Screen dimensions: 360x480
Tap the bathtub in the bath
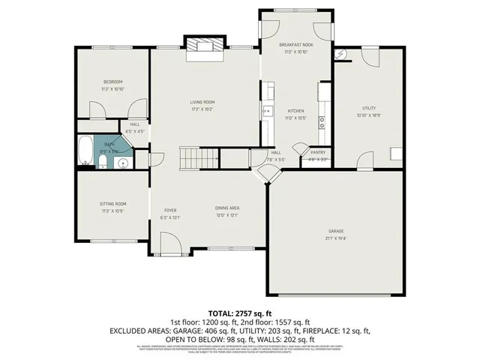pyautogui.click(x=85, y=150)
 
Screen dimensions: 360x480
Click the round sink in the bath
pyautogui.click(x=121, y=160)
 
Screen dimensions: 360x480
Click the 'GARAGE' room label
pyautogui.click(x=335, y=230)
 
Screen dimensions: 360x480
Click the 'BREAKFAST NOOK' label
pyautogui.click(x=296, y=45)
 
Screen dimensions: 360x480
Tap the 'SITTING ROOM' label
pyautogui.click(x=113, y=203)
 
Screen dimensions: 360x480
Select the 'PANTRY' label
pyautogui.click(x=317, y=152)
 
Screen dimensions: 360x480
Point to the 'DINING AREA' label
pyautogui.click(x=228, y=208)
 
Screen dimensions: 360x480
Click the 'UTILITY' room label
pyautogui.click(x=368, y=108)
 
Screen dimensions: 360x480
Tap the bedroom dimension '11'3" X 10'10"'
pyautogui.click(x=113, y=88)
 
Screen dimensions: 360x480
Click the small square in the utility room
pyautogui.click(x=395, y=154)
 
